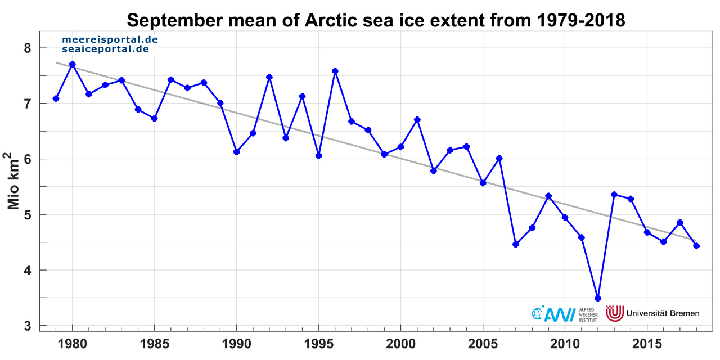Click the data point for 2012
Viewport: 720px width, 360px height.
click(x=598, y=298)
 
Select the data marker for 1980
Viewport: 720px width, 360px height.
click(x=72, y=64)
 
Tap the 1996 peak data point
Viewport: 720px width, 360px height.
click(x=335, y=71)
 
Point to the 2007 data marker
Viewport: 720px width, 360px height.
click(x=516, y=244)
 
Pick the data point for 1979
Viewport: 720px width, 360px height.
click(x=56, y=98)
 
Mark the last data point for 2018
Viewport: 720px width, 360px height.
click(x=696, y=246)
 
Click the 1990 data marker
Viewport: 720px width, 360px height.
click(x=237, y=151)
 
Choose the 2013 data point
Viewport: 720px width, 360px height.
click(x=614, y=195)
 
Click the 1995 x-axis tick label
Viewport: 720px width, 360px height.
click(x=318, y=343)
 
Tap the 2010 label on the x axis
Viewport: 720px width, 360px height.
click(x=565, y=343)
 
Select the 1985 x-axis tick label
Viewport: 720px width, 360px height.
click(x=154, y=343)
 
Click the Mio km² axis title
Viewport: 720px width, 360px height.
click(x=15, y=180)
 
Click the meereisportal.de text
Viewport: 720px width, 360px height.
click(x=110, y=40)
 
